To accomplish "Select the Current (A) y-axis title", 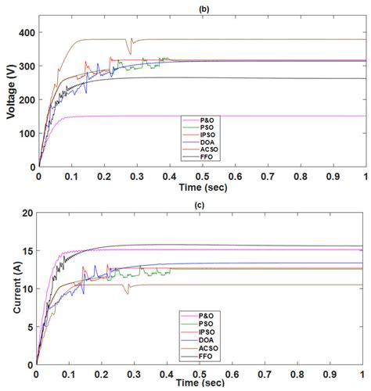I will (10, 288).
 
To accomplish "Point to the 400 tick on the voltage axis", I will (27, 32).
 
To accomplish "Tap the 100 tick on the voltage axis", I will (27, 133).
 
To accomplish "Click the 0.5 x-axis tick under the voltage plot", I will (201, 176).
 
